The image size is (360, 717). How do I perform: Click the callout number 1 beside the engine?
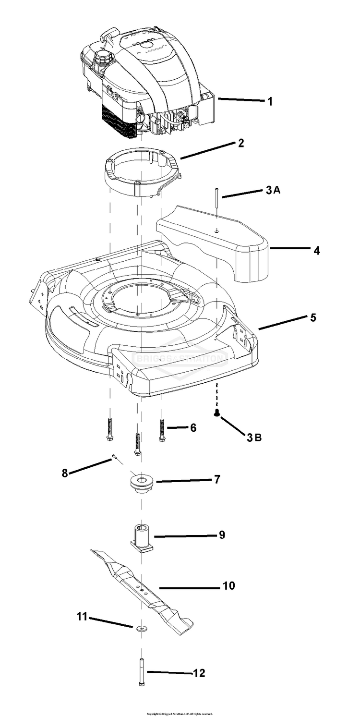pos(270,101)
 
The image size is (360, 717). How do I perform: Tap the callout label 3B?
pos(254,437)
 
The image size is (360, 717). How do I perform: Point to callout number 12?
pos(199,673)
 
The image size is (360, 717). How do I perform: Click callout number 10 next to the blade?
pos(228,586)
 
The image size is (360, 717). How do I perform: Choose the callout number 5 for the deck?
pos(313,317)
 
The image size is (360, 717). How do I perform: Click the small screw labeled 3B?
pos(217,412)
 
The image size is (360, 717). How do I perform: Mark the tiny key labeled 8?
pos(114,457)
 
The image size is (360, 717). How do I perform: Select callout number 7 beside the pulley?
pos(217,479)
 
